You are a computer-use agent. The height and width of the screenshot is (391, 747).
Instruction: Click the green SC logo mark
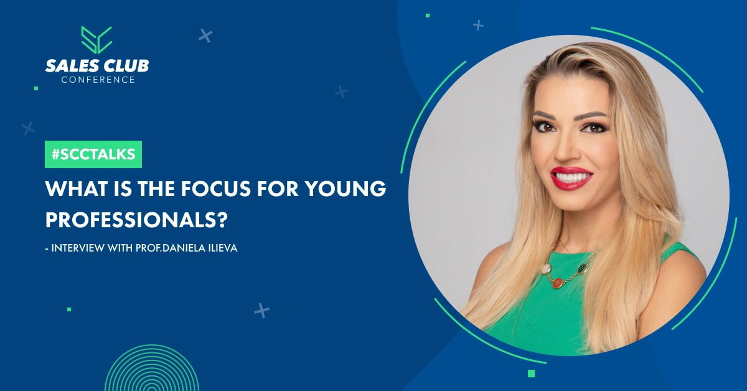pyautogui.click(x=96, y=40)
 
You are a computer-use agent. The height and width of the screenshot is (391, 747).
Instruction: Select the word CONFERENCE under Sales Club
pyautogui.click(x=98, y=80)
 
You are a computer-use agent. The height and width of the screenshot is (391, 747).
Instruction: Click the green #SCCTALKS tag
pyautogui.click(x=93, y=154)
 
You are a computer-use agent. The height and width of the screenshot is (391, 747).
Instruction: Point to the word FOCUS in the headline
pyautogui.click(x=216, y=189)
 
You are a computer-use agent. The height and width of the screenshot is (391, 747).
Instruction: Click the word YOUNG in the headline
pyautogui.click(x=346, y=189)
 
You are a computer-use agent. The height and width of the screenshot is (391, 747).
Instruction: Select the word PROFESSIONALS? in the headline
pyautogui.click(x=136, y=220)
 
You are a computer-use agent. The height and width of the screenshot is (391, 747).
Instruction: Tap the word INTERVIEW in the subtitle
pyautogui.click(x=78, y=248)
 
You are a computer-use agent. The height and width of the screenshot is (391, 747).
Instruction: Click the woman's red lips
pyautogui.click(x=571, y=178)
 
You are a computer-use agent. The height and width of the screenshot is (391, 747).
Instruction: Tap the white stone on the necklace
pyautogui.click(x=547, y=268)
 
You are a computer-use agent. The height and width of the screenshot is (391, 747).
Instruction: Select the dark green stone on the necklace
pyautogui.click(x=583, y=268)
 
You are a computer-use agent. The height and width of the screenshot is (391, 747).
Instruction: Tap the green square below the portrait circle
pyautogui.click(x=531, y=374)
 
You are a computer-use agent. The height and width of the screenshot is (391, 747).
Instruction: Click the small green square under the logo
pyautogui.click(x=36, y=88)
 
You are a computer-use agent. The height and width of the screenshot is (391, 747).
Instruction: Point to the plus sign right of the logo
pyautogui.click(x=205, y=35)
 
